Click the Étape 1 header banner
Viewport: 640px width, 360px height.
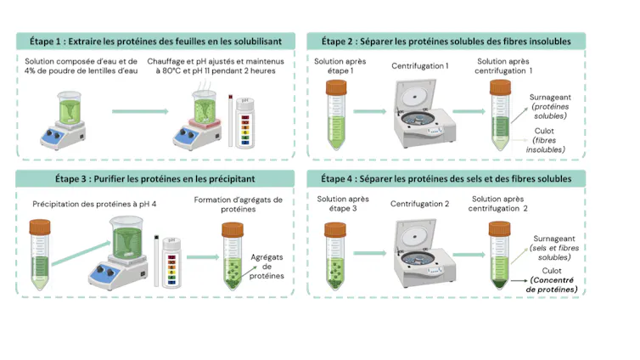[x=155, y=42]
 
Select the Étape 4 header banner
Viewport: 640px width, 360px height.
[x=446, y=179]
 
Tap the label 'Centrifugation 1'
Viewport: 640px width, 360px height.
[x=419, y=65]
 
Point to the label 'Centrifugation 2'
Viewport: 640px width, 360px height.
[x=419, y=204]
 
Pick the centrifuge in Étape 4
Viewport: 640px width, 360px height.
[x=424, y=253]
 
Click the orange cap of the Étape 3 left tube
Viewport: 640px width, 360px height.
[x=40, y=227]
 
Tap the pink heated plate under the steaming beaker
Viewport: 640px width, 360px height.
[x=204, y=123]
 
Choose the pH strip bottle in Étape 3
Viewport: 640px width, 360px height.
[x=171, y=262]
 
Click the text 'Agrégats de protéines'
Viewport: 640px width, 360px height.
[x=267, y=267]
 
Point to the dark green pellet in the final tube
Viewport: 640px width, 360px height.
[x=500, y=284]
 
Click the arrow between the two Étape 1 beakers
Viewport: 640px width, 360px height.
[x=140, y=111]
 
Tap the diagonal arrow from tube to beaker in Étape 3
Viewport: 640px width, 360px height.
[x=81, y=254]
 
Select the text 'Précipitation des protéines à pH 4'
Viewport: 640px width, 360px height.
[x=94, y=204]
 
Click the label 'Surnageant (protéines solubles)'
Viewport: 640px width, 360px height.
[x=550, y=106]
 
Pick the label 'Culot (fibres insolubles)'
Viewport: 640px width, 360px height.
[x=545, y=140]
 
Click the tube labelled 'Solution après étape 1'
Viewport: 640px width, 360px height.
[x=336, y=115]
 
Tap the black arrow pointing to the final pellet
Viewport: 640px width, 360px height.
[x=519, y=281]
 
